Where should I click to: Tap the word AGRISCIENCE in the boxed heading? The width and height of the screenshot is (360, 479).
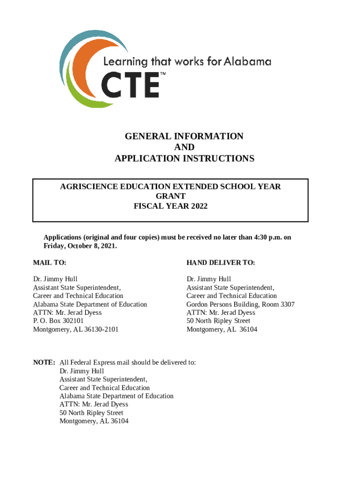coord(87,187)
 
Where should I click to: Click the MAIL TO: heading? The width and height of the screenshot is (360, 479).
coord(50,263)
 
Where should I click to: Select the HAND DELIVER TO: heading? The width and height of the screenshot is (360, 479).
coord(221,263)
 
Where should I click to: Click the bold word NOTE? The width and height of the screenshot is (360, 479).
coord(44,363)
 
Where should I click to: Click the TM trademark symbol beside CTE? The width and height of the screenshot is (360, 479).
coord(163,74)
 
